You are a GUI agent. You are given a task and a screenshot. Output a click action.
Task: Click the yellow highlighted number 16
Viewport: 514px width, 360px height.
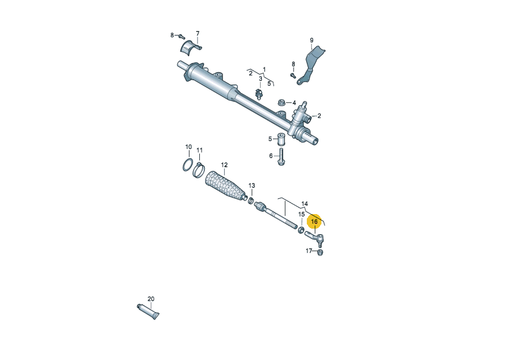point(314,222)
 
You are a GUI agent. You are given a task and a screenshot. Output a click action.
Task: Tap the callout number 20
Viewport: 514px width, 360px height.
point(151,299)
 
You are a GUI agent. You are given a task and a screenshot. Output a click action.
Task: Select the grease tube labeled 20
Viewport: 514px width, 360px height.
point(148,311)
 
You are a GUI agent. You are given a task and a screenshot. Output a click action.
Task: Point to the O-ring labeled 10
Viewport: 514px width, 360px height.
point(188,165)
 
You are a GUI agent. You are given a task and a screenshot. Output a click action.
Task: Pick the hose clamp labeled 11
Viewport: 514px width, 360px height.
point(199,170)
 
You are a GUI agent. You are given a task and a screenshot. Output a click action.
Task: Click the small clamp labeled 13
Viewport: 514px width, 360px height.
point(251,199)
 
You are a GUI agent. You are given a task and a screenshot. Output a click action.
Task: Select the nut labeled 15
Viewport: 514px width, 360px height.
point(301,230)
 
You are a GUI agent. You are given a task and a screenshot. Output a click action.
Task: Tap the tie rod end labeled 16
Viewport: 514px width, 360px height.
point(314,238)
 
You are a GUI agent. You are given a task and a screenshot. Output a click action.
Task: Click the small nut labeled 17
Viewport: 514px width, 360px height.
point(320,252)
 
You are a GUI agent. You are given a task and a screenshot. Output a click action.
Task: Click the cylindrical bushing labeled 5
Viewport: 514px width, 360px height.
point(281,139)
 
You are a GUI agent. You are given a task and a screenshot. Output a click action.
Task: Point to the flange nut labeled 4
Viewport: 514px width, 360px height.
point(281,102)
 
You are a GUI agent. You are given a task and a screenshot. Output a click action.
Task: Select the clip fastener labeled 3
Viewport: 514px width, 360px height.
point(259,94)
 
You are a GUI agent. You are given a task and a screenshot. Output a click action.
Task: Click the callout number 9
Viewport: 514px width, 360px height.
point(312,40)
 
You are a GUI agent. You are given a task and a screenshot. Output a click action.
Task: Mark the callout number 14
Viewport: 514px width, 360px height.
point(304,204)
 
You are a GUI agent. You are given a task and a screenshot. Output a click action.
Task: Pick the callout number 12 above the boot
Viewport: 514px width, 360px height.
point(224,165)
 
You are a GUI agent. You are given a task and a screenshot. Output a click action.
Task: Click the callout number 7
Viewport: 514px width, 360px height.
point(197,33)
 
